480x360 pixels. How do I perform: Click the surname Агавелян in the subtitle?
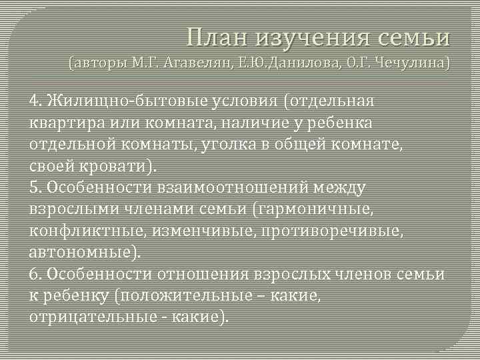tap(193, 65)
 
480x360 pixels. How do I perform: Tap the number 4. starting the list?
tap(35, 101)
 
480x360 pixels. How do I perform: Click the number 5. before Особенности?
tap(35, 188)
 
